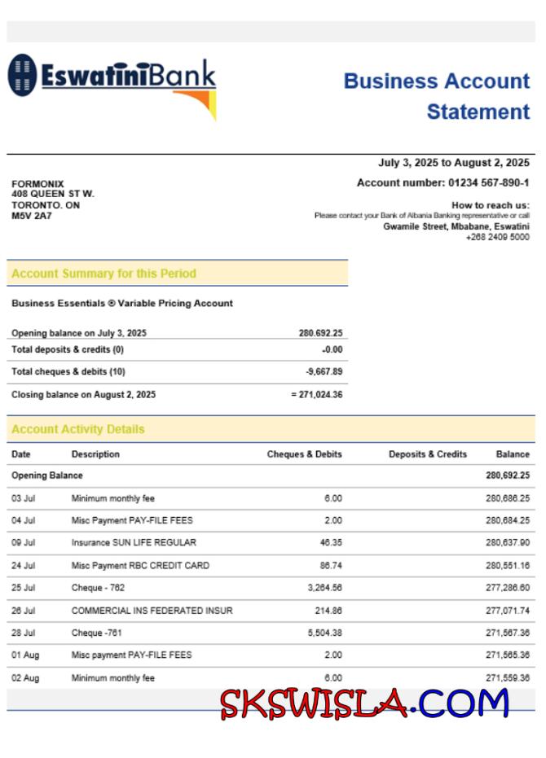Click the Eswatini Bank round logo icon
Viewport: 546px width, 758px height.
click(23, 75)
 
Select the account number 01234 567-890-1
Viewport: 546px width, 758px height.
click(489, 183)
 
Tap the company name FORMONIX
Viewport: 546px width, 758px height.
click(37, 184)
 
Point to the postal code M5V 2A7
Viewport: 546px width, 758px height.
click(32, 216)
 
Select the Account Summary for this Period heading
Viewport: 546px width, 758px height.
click(103, 274)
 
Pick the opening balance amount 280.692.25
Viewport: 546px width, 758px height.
click(320, 333)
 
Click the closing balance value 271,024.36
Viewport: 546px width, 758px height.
click(320, 395)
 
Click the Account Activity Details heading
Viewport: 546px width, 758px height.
click(78, 429)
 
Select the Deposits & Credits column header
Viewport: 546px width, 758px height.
click(427, 454)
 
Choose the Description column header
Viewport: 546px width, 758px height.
click(95, 454)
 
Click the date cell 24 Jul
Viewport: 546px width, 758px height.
click(23, 565)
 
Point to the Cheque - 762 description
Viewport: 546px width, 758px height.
click(98, 588)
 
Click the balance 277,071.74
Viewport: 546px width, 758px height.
click(508, 611)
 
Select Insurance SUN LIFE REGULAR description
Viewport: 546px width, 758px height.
click(134, 542)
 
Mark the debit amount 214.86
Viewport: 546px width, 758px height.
click(328, 611)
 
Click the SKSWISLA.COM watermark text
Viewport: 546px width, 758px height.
click(364, 703)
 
